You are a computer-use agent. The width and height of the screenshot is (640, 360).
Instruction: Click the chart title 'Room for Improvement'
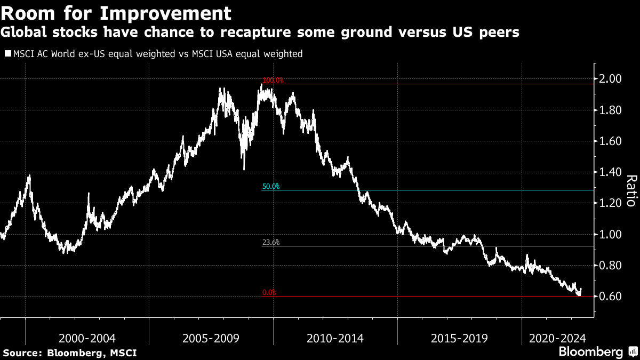pos(117,12)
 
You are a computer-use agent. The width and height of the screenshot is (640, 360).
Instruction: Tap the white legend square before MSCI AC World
pos(7,54)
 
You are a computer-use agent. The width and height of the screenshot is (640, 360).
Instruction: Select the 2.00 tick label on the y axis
pos(611,79)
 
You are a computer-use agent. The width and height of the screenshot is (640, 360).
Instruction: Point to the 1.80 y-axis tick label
pos(611,110)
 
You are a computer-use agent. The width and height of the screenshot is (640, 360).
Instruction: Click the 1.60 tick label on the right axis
pos(611,141)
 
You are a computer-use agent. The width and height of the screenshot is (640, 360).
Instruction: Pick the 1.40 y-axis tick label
pos(611,172)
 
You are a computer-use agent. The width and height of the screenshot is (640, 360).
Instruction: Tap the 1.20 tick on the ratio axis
pos(611,203)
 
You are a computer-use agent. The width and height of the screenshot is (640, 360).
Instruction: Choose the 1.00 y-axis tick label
pos(611,235)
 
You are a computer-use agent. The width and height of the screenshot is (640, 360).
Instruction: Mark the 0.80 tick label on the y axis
pos(611,266)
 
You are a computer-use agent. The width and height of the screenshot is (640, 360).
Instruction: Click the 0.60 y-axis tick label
pos(611,297)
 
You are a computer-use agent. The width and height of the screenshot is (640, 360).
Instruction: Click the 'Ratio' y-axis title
pos(630,190)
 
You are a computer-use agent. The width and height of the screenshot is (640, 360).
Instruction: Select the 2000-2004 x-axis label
pos(87,338)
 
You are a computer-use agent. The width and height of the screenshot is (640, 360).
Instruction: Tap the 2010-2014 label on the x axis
pos(335,338)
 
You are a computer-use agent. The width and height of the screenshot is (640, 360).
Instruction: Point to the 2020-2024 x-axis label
pos(557,338)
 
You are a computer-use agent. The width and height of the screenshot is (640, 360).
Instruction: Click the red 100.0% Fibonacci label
pos(273,81)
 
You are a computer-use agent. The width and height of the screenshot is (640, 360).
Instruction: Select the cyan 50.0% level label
pos(270,187)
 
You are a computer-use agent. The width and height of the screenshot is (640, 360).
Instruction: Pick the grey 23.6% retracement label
pos(270,243)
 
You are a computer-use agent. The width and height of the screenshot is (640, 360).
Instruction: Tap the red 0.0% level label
pos(269,293)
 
